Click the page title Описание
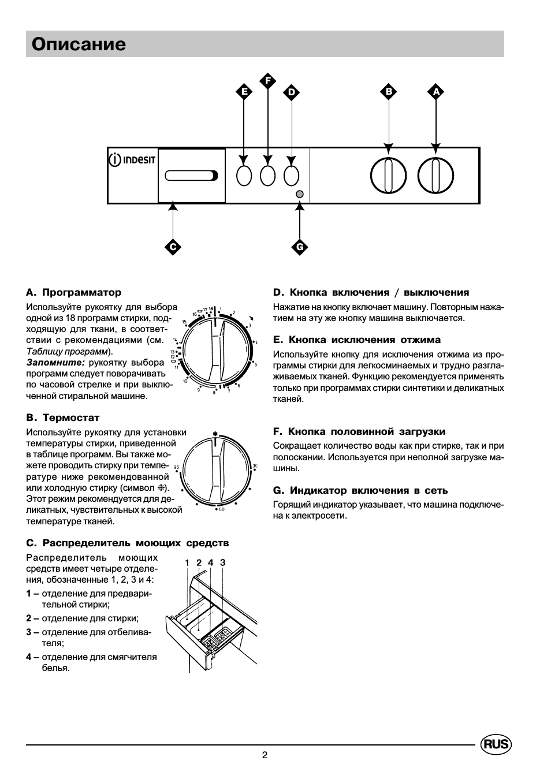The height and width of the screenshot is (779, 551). pyautogui.click(x=79, y=44)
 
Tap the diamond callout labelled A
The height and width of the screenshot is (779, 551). pyautogui.click(x=436, y=91)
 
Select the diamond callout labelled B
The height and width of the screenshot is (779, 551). pyautogui.click(x=389, y=91)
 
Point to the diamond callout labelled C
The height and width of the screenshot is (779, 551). pyautogui.click(x=172, y=247)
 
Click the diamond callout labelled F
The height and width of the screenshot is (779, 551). pyautogui.click(x=267, y=80)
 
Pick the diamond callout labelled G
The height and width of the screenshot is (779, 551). pyautogui.click(x=300, y=247)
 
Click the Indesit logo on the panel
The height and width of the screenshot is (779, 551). pyautogui.click(x=132, y=159)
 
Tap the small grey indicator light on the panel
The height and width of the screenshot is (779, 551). pyautogui.click(x=299, y=194)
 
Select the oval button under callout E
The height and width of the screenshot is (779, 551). pyautogui.click(x=244, y=176)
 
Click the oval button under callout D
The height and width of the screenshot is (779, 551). pyautogui.click(x=292, y=176)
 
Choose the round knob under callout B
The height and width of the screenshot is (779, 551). pyautogui.click(x=388, y=175)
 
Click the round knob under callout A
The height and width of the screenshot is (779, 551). pyautogui.click(x=435, y=175)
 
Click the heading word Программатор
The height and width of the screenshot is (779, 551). pyautogui.click(x=81, y=293)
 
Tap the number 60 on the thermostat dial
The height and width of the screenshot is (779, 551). pyautogui.click(x=221, y=509)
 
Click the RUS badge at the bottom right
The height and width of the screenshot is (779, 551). pyautogui.click(x=496, y=744)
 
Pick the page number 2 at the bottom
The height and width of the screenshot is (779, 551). pyautogui.click(x=265, y=755)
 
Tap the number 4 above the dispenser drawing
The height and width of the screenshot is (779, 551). pyautogui.click(x=211, y=562)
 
